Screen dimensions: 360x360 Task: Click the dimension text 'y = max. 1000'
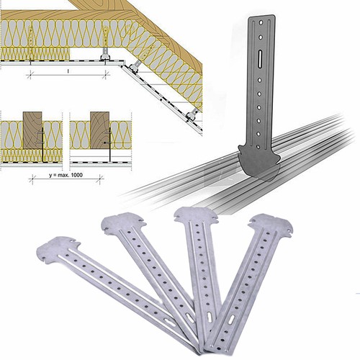(x=66, y=175)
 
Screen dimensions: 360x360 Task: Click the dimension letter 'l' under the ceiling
(x=68, y=71)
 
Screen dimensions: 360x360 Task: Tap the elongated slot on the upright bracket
(x=261, y=58)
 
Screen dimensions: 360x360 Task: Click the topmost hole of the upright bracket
(x=261, y=23)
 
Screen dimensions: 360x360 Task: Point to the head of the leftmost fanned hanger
(x=58, y=249)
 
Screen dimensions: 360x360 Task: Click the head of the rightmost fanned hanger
(x=271, y=225)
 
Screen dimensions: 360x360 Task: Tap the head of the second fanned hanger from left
(x=122, y=222)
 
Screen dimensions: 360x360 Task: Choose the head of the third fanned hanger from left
(x=196, y=215)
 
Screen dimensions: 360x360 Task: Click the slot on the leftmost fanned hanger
(x=171, y=323)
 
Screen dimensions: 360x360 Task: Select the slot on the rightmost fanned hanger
(x=231, y=320)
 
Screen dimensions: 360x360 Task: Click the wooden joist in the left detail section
(x=32, y=130)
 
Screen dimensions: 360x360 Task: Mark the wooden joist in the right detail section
(x=99, y=130)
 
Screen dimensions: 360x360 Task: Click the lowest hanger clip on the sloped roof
(x=192, y=115)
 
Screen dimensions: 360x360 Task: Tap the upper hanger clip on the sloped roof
(x=134, y=67)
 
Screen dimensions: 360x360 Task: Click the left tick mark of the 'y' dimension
(x=32, y=179)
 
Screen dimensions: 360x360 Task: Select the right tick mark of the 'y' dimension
(x=101, y=179)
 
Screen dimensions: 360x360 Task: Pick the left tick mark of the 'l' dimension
(x=30, y=75)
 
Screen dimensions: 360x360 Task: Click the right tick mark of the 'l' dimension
(x=105, y=75)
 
